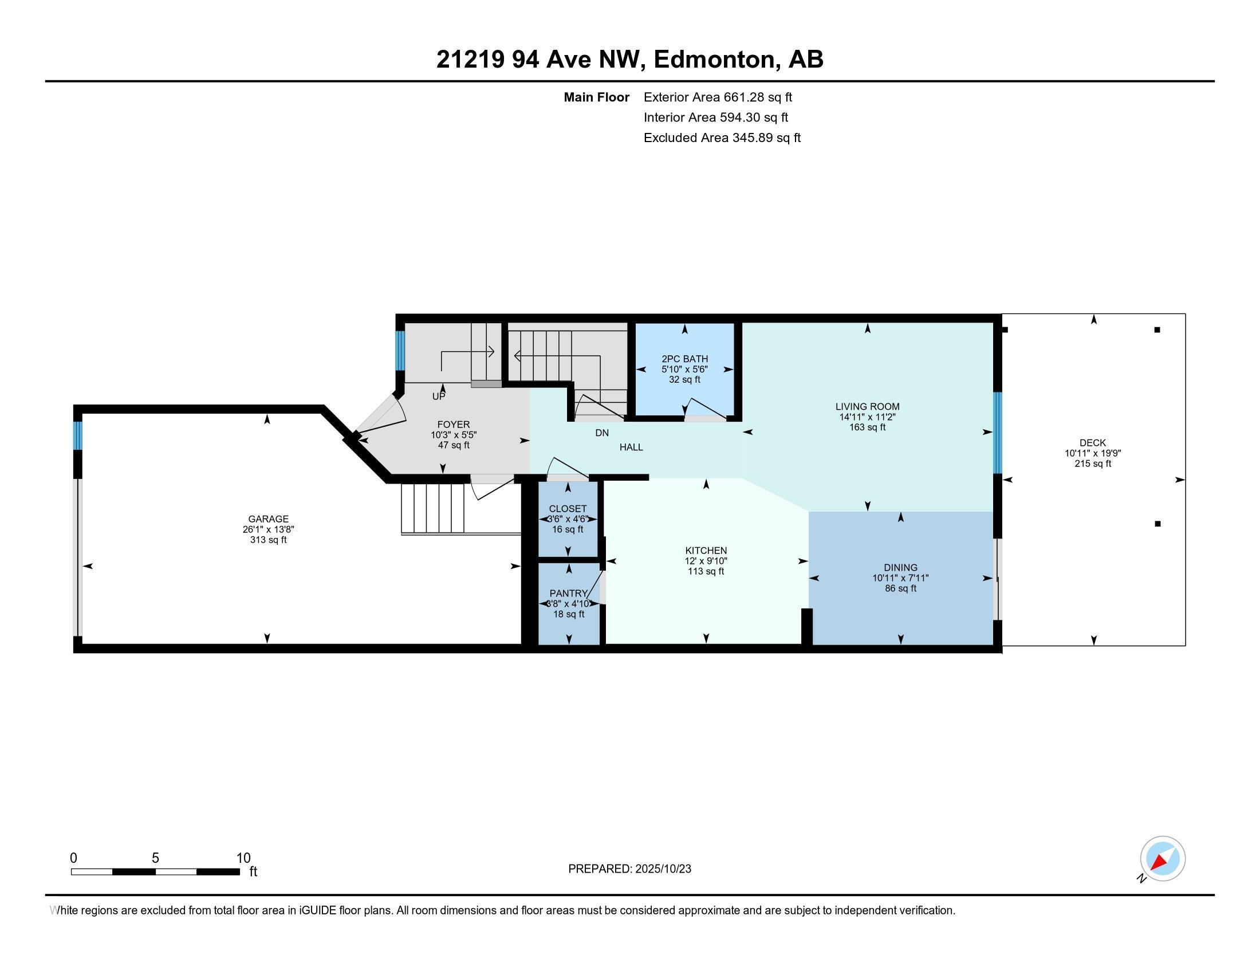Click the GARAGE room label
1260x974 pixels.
pos(268,519)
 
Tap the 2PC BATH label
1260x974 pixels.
pos(684,359)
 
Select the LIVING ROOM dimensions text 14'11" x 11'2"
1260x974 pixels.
pos(867,417)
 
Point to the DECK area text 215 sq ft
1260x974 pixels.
pos(1092,464)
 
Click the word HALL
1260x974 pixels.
pos(631,447)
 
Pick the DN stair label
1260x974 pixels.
pos(602,433)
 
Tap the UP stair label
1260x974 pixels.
pos(439,397)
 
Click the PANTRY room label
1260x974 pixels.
pos(568,593)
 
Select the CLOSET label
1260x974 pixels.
pos(568,509)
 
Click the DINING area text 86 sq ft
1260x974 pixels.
pos(900,588)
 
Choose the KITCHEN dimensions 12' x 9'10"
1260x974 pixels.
pos(706,561)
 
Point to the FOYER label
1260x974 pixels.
pos(454,425)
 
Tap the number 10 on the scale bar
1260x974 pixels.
pos(243,858)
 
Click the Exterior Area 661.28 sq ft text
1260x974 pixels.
pos(717,97)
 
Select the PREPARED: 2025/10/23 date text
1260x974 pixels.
pos(629,869)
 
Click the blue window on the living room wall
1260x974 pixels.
pos(997,433)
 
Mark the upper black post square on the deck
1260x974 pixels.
pos(1157,330)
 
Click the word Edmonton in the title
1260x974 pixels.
pos(714,60)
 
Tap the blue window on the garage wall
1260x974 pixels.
pos(78,435)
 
